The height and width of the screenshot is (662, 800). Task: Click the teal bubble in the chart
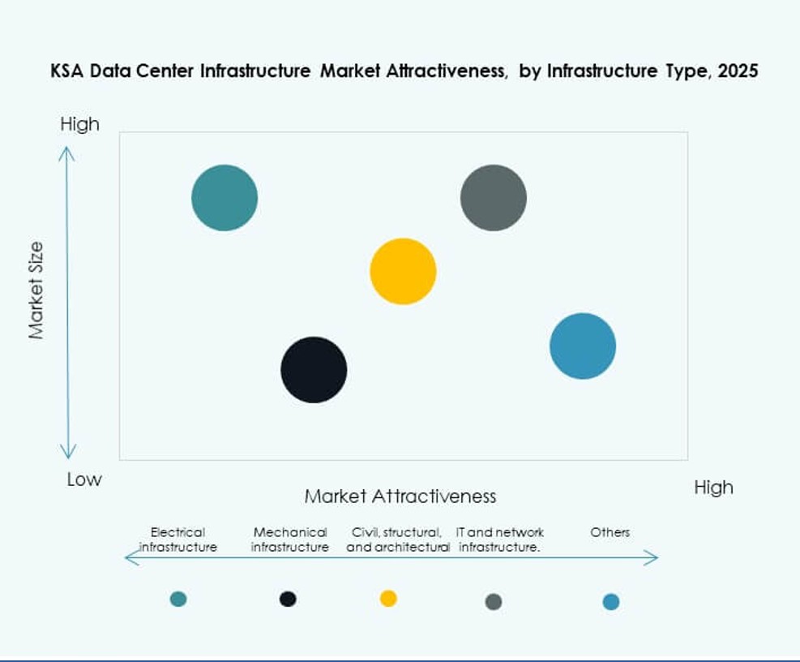(225, 198)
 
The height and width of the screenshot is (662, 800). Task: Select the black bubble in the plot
(314, 370)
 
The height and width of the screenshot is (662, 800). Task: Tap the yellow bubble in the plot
(403, 272)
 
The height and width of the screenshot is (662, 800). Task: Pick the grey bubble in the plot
(494, 198)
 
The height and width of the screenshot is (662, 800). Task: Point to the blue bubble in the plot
(583, 346)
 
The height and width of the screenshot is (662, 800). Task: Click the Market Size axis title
(36, 290)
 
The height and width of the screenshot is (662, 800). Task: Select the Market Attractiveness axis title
(400, 496)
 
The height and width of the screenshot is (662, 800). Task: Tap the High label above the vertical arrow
(79, 124)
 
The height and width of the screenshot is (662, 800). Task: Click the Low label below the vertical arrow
(84, 479)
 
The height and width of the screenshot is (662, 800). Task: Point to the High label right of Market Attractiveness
(713, 488)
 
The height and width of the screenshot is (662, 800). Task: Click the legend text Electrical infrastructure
(178, 539)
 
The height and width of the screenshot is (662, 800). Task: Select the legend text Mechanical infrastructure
(290, 539)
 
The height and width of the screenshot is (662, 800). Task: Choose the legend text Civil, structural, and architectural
(398, 539)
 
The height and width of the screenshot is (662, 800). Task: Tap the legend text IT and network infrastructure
(499, 539)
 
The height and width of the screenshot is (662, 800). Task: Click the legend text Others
(610, 533)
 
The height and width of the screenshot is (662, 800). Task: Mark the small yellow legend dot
(388, 599)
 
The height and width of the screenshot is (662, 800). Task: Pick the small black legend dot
(288, 599)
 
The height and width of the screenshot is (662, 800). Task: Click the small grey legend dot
(494, 601)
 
